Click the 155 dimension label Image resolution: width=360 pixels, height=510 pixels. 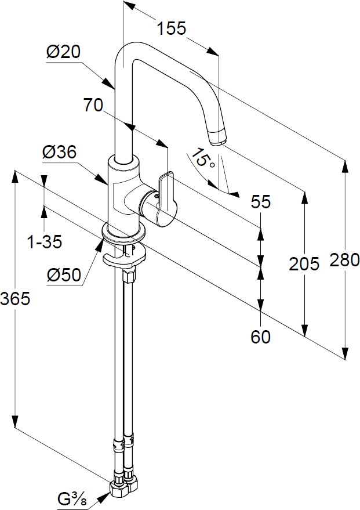172,28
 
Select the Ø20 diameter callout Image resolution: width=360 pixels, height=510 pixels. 63,52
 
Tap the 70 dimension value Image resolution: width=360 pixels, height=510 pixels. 93,105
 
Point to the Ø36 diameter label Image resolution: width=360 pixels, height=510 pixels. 59,152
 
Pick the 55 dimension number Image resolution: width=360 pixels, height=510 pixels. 260,202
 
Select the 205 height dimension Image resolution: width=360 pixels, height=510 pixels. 304,263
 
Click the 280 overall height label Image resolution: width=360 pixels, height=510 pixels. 345,260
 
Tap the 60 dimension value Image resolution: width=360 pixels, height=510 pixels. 260,337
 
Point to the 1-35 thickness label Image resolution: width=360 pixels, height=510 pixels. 45,242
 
